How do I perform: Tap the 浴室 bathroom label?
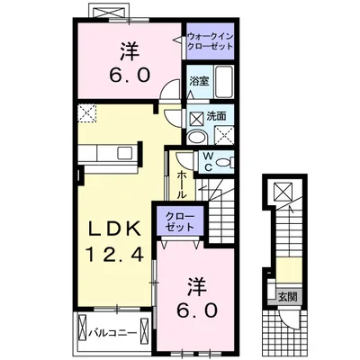pyautogui.click(x=200, y=80)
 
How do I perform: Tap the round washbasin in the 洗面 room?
pyautogui.click(x=197, y=138)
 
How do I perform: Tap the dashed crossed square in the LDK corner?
pyautogui.click(x=87, y=113)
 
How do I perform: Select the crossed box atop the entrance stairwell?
pyautogui.click(x=283, y=192)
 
